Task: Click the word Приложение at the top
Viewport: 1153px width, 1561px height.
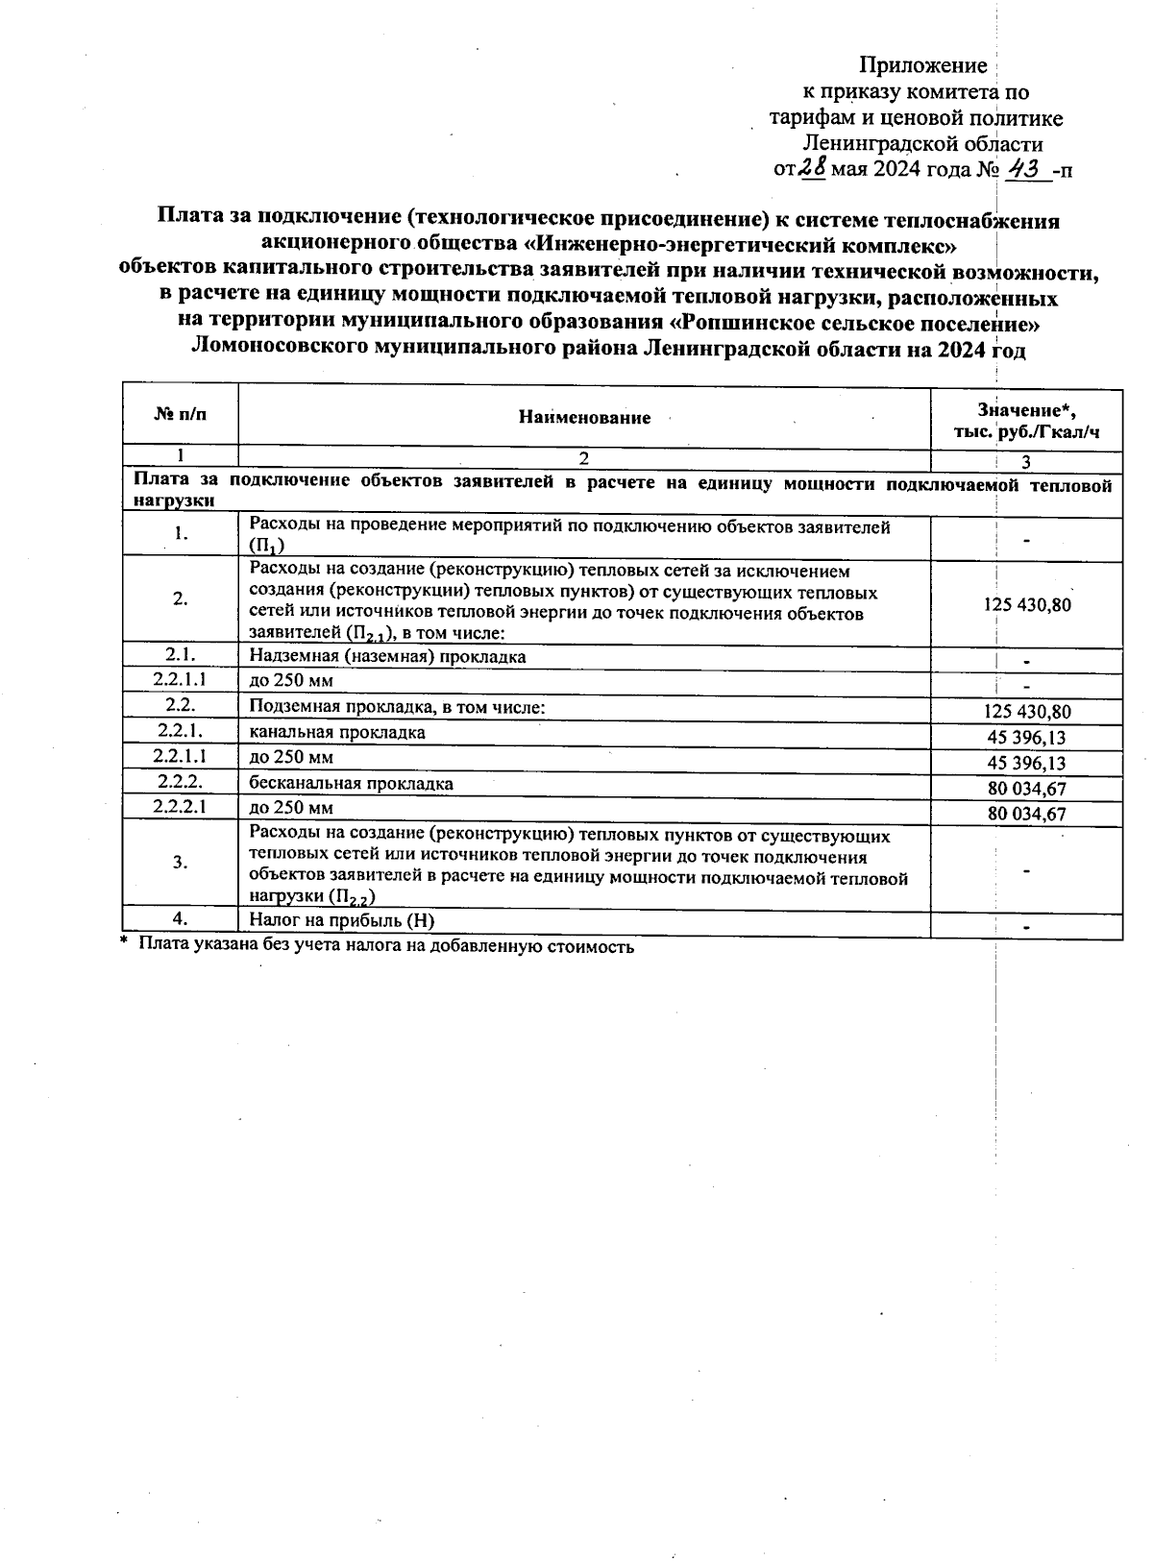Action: coord(922,65)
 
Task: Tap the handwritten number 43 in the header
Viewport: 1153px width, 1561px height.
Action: coord(1023,170)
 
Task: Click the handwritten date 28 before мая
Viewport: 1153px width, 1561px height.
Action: coord(814,169)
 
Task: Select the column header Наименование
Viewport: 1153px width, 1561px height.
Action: coord(584,417)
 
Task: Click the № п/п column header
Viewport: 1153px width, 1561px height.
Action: coord(180,415)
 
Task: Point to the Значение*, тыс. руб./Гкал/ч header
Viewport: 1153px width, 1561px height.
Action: coord(1026,421)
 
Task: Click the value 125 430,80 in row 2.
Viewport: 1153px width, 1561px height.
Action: coord(1026,604)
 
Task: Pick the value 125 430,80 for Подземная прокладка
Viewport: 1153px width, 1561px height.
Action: coord(1026,712)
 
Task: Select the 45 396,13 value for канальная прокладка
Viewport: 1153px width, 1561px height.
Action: coord(1026,738)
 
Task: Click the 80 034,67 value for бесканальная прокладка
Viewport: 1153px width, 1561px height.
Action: coord(1026,789)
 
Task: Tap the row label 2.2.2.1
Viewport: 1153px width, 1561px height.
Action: coord(180,807)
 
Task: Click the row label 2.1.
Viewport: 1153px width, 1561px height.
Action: coord(180,655)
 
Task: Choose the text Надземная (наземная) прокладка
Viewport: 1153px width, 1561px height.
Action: coord(387,657)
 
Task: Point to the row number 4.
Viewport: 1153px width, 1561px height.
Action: coord(180,918)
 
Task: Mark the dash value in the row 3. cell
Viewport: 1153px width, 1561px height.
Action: coord(1026,870)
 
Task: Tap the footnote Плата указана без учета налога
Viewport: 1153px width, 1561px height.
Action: coord(384,945)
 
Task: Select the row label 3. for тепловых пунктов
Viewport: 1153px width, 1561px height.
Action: coord(180,862)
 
